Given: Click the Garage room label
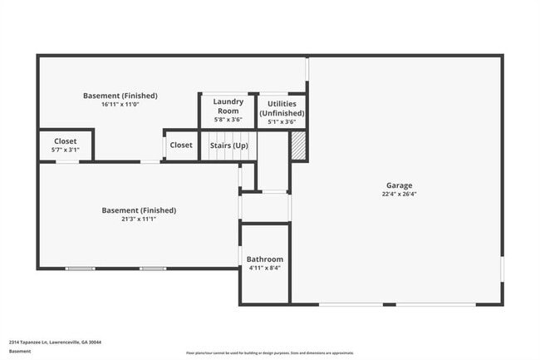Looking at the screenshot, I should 399,185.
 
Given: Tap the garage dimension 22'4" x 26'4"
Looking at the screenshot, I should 399,195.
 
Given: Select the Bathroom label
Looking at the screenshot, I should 265,259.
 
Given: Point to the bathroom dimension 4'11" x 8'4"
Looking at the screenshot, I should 265,269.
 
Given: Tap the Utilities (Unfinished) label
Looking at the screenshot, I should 282,108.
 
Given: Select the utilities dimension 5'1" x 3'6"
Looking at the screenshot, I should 282,121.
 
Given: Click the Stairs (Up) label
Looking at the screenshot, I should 227,145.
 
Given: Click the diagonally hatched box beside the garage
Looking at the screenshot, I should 299,146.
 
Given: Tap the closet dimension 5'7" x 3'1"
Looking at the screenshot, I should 66,150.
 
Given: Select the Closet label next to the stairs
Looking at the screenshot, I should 181,145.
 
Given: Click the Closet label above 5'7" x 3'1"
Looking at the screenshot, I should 66,141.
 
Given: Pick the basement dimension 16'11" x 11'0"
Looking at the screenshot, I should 120,105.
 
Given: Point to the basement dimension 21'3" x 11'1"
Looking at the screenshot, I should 139,219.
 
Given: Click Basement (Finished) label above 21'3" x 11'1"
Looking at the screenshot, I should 139,210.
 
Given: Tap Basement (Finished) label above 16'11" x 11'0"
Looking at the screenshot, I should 120,96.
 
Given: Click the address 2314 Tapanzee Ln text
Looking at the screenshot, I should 49,342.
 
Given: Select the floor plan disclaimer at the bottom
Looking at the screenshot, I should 269,353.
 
